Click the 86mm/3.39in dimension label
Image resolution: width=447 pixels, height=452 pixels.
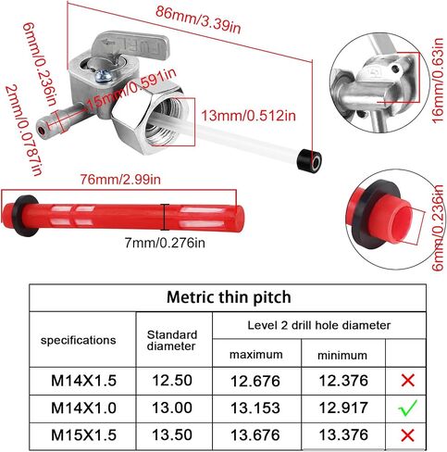tap(198, 19)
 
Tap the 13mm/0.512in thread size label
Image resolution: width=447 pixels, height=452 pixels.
tap(248, 116)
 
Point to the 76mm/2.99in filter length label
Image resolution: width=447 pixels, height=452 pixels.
tap(120, 180)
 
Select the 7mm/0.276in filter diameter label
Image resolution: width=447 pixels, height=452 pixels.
tap(165, 243)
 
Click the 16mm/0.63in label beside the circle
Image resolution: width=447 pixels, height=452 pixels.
tap(439, 81)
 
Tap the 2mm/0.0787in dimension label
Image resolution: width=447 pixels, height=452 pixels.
tap(23, 131)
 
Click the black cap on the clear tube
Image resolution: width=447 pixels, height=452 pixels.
tap(309, 161)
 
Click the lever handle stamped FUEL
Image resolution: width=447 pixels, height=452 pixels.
tap(132, 45)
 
